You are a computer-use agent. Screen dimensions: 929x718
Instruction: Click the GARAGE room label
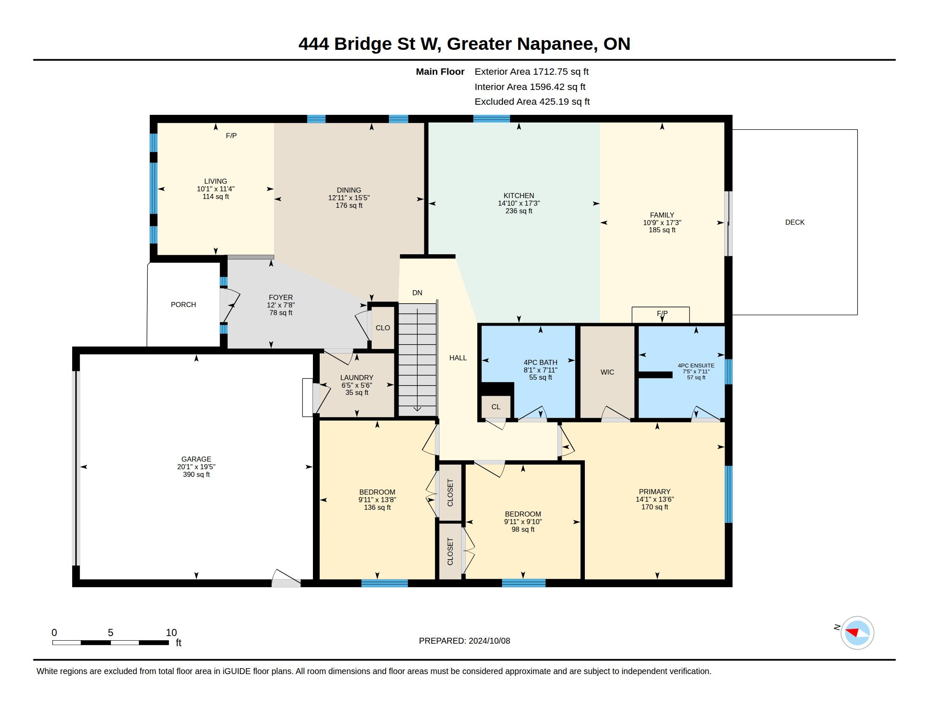click(196, 459)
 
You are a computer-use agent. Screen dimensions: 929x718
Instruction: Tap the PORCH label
click(183, 305)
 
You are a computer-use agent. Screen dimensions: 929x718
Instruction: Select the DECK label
click(795, 222)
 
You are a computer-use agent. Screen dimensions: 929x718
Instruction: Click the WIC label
click(607, 372)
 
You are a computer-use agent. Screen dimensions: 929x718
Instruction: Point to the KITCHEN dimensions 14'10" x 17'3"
click(519, 203)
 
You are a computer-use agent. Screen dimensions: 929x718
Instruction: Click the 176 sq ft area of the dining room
click(349, 205)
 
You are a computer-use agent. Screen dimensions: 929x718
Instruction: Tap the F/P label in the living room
click(231, 136)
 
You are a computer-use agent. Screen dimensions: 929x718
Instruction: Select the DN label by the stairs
click(417, 293)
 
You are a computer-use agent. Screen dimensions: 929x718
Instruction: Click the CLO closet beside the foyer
click(383, 327)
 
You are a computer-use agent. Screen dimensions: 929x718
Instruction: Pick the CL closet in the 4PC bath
click(496, 407)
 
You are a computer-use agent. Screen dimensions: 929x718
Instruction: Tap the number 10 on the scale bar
click(171, 633)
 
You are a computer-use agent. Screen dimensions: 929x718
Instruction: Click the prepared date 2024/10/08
click(489, 641)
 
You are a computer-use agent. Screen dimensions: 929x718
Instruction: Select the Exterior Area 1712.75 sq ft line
click(531, 71)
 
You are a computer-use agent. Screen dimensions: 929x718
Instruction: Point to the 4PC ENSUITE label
click(696, 365)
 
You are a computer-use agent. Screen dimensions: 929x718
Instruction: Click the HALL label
click(458, 358)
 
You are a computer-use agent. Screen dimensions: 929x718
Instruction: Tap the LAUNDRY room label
click(356, 378)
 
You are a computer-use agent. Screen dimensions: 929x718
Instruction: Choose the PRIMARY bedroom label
click(654, 492)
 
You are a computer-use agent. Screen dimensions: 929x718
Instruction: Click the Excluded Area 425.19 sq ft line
click(532, 102)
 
